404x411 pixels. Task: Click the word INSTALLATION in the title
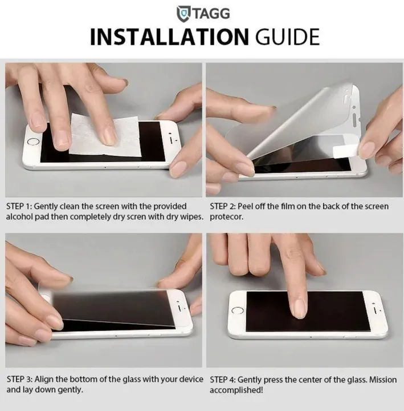click(169, 37)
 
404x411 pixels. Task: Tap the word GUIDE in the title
click(288, 37)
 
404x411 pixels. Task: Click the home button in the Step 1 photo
click(34, 142)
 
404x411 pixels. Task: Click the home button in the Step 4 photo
click(238, 311)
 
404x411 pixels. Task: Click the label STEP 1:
click(19, 206)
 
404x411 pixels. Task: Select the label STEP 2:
click(223, 206)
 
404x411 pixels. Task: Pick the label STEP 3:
click(19, 379)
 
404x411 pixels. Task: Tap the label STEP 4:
click(223, 380)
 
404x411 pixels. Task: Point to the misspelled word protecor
click(227, 217)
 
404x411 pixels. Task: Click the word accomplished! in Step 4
click(236, 390)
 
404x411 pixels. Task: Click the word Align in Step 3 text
click(44, 379)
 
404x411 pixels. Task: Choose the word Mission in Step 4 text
click(383, 380)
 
